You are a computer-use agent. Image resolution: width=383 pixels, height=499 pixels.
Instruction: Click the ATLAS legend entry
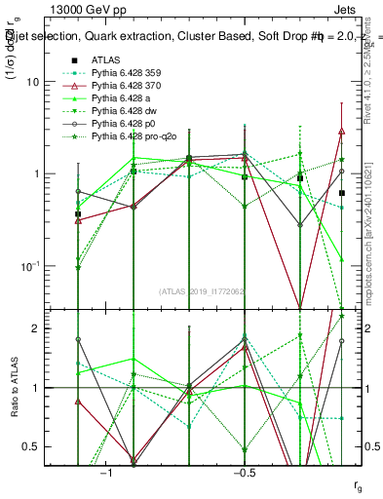106,59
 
